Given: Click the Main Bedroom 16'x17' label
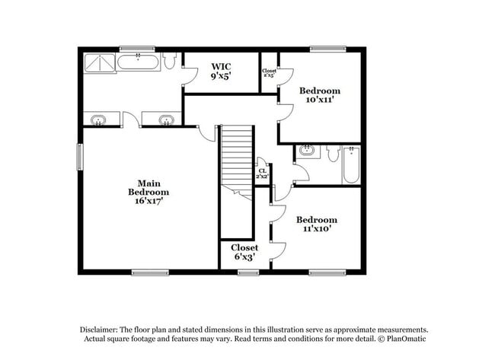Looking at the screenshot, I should coord(148,192).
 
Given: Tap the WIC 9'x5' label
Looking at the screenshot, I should coord(222,72).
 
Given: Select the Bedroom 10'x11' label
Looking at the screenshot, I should coord(319,95).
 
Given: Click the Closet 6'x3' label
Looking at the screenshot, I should coord(245,252).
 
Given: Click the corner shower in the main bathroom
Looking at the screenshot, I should coord(100,62).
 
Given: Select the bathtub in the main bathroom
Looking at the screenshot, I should coord(139,62).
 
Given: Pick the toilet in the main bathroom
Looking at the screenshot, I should coord(171,60).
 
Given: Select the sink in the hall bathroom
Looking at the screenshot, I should coord(307,150).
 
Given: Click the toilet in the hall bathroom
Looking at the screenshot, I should coord(332,155).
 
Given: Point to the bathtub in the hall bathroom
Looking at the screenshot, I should coord(350,164).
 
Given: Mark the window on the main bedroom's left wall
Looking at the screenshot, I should coord(79,158).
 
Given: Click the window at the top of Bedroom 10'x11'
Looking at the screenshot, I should coord(323,49).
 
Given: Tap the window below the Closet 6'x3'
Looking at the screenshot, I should coord(248,272).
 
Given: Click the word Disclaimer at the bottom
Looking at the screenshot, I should coord(102,328).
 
